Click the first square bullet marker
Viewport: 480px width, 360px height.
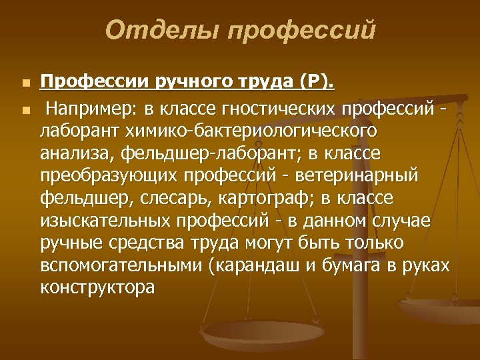[x=25, y=84]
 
